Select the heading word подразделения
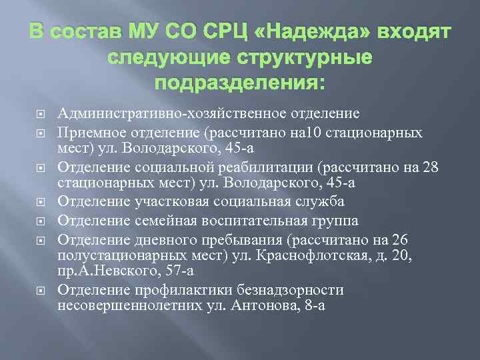point(240,84)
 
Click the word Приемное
point(92,133)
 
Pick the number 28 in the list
point(429,167)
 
